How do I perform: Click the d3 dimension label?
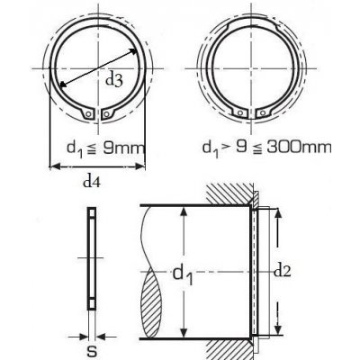(114, 81)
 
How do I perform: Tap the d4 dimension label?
(91, 182)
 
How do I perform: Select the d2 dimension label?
(283, 272)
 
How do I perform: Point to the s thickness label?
(93, 351)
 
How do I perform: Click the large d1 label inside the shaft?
(183, 275)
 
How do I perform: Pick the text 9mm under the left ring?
(123, 148)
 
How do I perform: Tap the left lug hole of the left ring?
(88, 114)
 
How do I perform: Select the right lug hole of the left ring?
(106, 113)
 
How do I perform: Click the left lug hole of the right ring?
(239, 113)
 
